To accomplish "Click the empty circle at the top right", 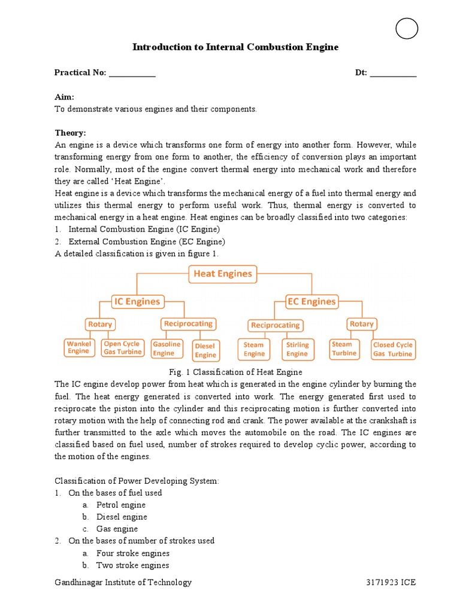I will (x=407, y=28).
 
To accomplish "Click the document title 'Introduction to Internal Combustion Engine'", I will (x=235, y=47).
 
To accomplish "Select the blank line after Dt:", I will (x=393, y=74).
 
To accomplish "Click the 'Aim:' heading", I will (x=64, y=97).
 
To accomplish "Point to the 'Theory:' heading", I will (x=71, y=133).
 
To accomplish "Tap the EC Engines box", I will (x=311, y=302).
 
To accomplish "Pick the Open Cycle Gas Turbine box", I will (x=122, y=348).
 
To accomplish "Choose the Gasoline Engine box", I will (x=167, y=349).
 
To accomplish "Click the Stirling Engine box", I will (x=297, y=349).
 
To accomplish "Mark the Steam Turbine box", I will (x=344, y=348).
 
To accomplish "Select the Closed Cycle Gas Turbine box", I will (x=392, y=349).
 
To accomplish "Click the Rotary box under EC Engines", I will (x=362, y=324).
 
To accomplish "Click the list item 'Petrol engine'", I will (x=120, y=505).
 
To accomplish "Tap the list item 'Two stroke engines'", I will (x=132, y=565).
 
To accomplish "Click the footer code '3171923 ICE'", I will (x=391, y=582).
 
